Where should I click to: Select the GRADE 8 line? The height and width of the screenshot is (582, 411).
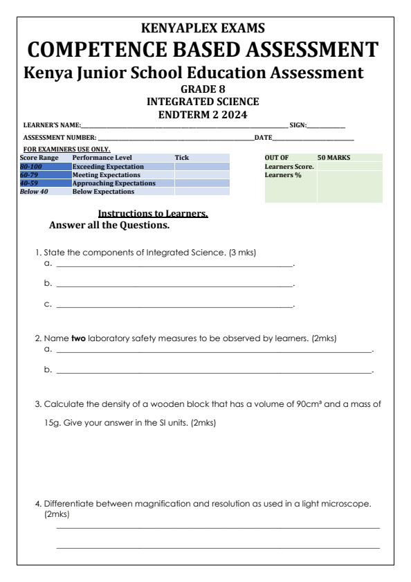[205, 89]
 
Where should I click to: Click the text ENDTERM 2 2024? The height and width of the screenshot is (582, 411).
[205, 112]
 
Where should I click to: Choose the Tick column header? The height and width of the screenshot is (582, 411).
[181, 158]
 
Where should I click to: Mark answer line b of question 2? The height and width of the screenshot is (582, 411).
[214, 372]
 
